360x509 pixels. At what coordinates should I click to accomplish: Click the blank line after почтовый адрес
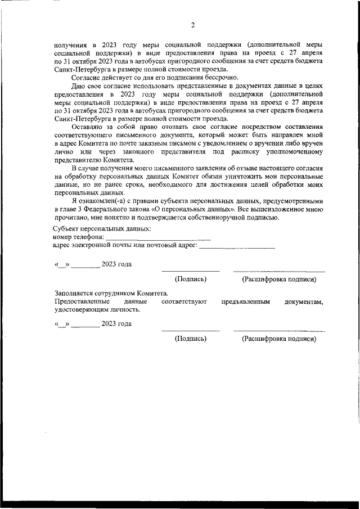237,247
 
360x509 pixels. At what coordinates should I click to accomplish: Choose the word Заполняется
75,294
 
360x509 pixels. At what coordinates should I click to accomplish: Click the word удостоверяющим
82,309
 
